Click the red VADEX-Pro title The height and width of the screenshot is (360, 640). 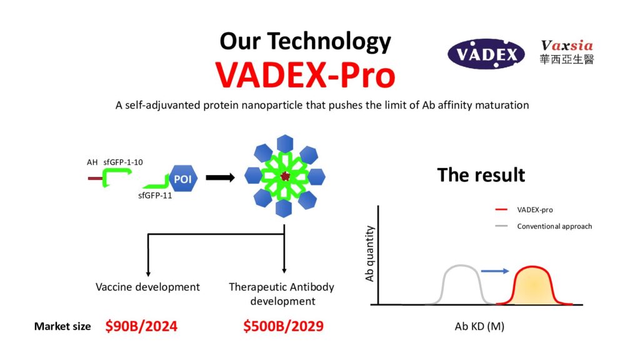click(306, 75)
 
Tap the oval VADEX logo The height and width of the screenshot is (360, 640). click(486, 54)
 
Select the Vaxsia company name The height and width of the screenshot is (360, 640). click(567, 45)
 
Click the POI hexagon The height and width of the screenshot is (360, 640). click(182, 179)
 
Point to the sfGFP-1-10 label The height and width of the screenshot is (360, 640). click(123, 162)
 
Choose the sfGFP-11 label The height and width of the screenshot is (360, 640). click(155, 196)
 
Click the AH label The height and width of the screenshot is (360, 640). click(92, 162)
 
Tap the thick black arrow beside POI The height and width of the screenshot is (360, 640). click(221, 177)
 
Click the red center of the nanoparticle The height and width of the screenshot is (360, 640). click(285, 176)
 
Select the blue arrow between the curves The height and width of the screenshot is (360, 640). click(495, 271)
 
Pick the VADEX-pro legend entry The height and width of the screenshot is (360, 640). click(524, 210)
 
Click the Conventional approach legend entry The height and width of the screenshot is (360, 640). click(543, 226)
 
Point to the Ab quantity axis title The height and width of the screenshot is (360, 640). click(369, 254)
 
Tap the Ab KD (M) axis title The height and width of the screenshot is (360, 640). click(479, 326)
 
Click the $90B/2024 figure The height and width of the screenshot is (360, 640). click(141, 326)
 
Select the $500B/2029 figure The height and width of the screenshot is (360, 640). click(283, 326)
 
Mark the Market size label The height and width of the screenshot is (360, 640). click(62, 326)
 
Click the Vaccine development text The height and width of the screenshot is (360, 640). click(147, 287)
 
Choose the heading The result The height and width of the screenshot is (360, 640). click(481, 175)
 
